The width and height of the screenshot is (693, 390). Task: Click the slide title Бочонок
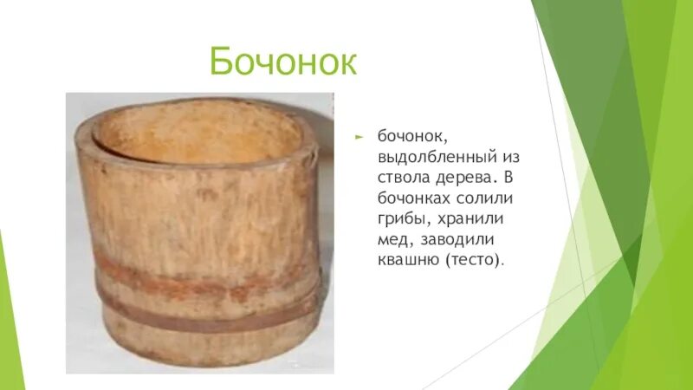coord(283,63)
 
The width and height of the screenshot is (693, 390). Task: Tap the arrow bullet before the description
coord(359,137)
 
